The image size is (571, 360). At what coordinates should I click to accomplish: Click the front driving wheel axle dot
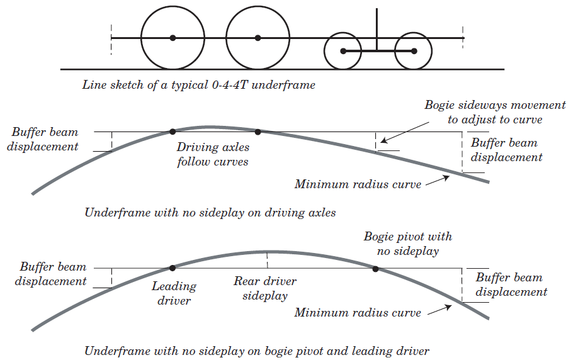[172, 38]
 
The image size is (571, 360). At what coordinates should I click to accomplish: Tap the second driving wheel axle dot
[257, 38]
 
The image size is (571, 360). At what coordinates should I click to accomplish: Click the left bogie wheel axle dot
[343, 50]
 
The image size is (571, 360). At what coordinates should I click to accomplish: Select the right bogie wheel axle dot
[414, 50]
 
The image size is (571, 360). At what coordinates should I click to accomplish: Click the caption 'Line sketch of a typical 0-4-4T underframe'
[198, 85]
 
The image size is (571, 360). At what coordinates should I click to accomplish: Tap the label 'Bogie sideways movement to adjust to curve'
[495, 112]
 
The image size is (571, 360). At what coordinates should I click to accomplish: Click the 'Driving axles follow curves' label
[213, 154]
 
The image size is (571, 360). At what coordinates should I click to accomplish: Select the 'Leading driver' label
[174, 293]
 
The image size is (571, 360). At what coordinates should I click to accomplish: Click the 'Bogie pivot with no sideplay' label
[408, 244]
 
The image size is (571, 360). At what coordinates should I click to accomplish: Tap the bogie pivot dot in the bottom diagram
[375, 269]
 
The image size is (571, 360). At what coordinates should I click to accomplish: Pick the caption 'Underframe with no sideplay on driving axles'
[210, 213]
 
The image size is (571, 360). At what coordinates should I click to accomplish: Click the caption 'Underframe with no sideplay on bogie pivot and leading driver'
[257, 351]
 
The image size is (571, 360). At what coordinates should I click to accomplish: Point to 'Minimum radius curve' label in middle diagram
[358, 184]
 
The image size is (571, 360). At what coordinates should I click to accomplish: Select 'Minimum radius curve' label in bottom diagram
[358, 312]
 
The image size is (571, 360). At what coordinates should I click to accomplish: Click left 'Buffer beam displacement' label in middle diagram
[45, 140]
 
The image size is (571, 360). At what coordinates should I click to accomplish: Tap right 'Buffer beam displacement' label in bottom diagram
[511, 284]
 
